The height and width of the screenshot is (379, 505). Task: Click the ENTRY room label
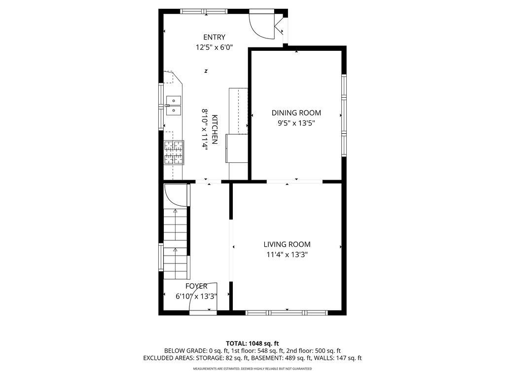(214, 37)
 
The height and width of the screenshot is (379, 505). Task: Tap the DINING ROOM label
(296, 113)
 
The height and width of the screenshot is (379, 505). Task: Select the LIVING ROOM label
(287, 244)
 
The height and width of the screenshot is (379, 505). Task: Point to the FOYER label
(196, 286)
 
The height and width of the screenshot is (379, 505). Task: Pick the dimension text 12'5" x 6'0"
(214, 48)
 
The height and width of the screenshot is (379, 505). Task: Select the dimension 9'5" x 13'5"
(296, 123)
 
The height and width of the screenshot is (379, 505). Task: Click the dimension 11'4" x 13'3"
(287, 255)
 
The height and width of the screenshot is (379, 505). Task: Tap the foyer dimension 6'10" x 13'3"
(196, 297)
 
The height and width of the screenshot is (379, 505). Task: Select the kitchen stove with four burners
(174, 152)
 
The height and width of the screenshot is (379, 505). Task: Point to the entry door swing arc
(260, 25)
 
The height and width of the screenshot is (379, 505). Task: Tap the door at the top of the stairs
(176, 194)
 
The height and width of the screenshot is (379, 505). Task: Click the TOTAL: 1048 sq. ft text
(252, 343)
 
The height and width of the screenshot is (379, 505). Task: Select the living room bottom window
(287, 312)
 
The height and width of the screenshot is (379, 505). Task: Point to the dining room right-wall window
(344, 115)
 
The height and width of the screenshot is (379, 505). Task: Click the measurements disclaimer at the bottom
(252, 369)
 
